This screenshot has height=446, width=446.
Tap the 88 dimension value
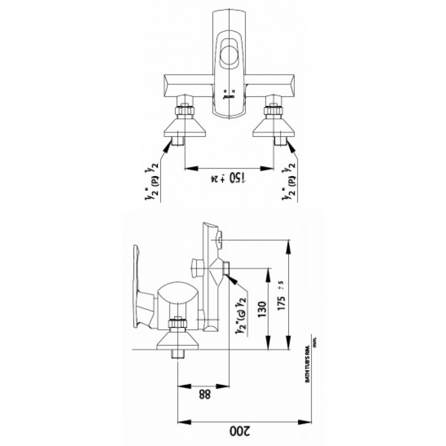click(203, 394)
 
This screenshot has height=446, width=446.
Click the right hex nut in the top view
click(273, 110)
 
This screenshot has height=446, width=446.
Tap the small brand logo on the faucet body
click(228, 95)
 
